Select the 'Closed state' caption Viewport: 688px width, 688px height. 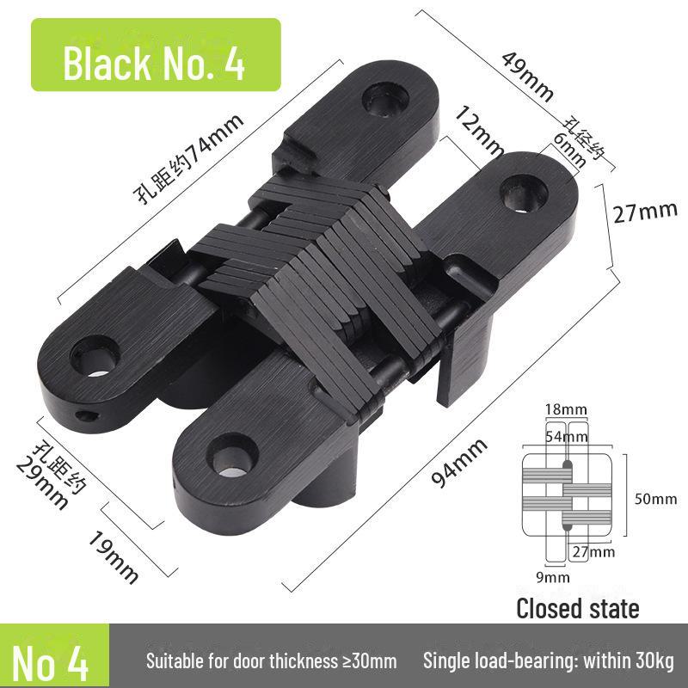[x=577, y=609]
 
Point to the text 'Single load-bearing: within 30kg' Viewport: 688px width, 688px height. [x=549, y=661]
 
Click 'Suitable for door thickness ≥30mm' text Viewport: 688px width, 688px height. [x=271, y=661]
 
